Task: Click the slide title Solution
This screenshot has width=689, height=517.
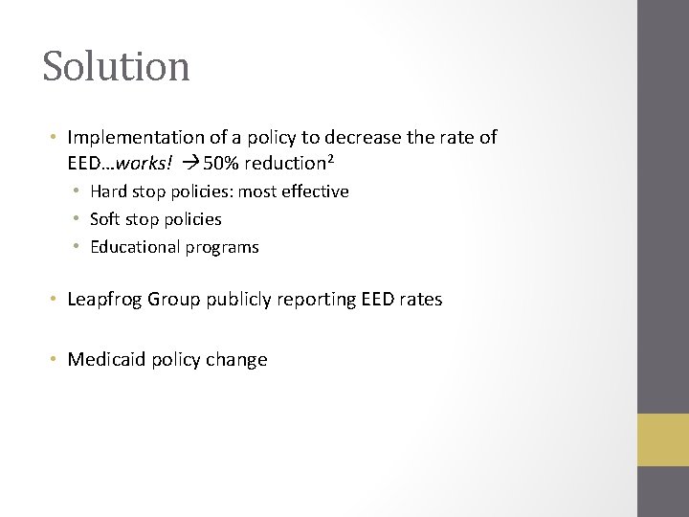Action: coord(116,67)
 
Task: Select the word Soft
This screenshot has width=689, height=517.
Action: coord(106,219)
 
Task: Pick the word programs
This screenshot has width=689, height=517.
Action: coord(222,247)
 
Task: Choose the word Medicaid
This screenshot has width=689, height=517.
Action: coord(106,360)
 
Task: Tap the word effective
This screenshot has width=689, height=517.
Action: coord(315,191)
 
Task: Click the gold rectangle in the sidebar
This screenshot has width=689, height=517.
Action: coord(663,439)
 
